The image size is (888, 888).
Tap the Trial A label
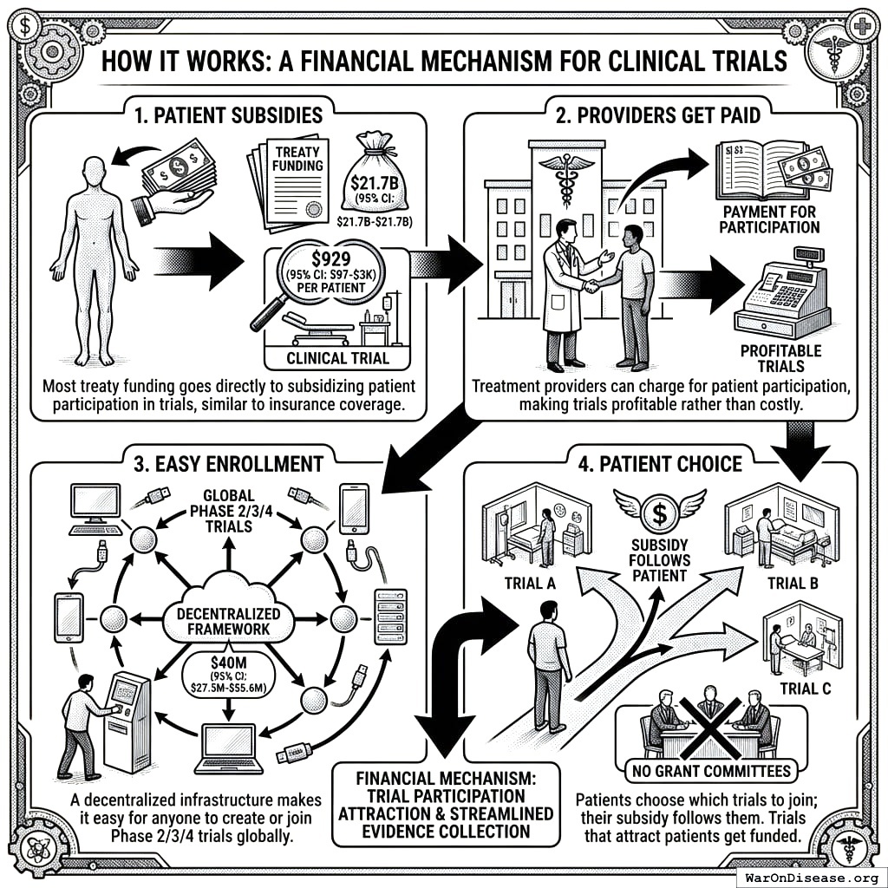click(529, 584)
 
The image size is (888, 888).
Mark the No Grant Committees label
click(710, 770)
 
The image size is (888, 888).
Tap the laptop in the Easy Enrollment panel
click(229, 747)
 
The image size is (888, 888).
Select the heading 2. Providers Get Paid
click(660, 114)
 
